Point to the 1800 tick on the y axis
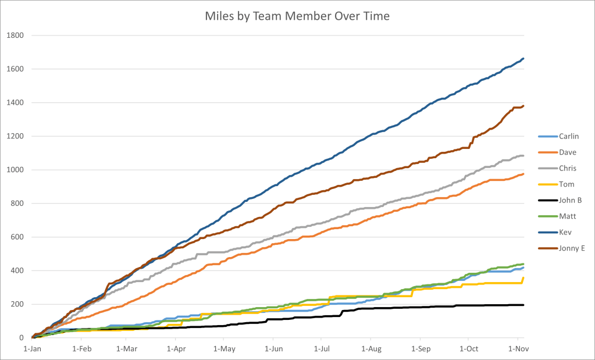pyautogui.click(x=15, y=35)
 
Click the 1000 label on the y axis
pyautogui.click(x=15, y=170)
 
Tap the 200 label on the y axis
pyautogui.click(x=17, y=304)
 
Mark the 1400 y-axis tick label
pyautogui.click(x=15, y=103)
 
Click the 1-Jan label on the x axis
pyautogui.click(x=31, y=349)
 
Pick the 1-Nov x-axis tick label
pyautogui.click(x=517, y=349)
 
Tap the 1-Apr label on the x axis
pyautogui.click(x=176, y=349)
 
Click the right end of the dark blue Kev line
pyautogui.click(x=523, y=58)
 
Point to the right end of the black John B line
pyautogui.click(x=523, y=305)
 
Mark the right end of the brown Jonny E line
pyautogui.click(x=523, y=106)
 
